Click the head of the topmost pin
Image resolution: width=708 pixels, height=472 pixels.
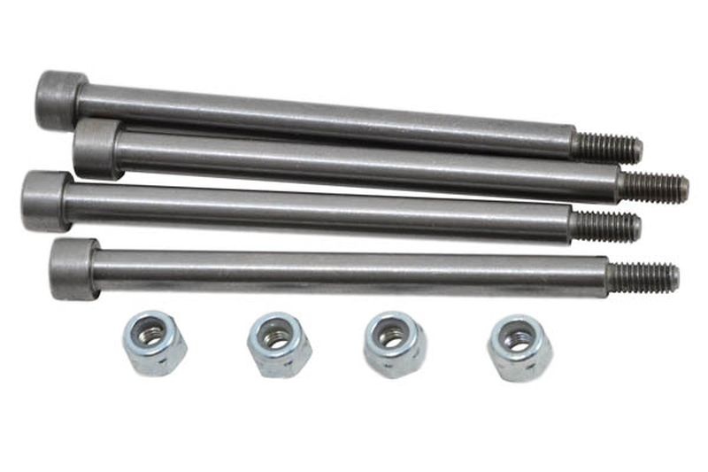59,98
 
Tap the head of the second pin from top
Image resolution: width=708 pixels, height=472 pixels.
96,148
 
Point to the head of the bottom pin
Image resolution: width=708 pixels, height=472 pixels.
73,267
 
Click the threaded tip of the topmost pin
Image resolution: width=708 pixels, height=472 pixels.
608,148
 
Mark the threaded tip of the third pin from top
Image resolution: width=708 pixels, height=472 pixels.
606,226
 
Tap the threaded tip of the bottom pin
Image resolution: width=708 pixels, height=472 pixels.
643,277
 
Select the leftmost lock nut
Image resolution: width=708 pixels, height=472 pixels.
154,343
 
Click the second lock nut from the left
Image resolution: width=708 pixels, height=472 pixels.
279,344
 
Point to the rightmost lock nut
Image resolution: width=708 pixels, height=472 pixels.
519,347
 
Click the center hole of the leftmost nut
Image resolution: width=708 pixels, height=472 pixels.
152,336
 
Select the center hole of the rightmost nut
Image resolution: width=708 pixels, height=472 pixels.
518,339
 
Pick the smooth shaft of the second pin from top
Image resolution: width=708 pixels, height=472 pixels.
363,165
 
